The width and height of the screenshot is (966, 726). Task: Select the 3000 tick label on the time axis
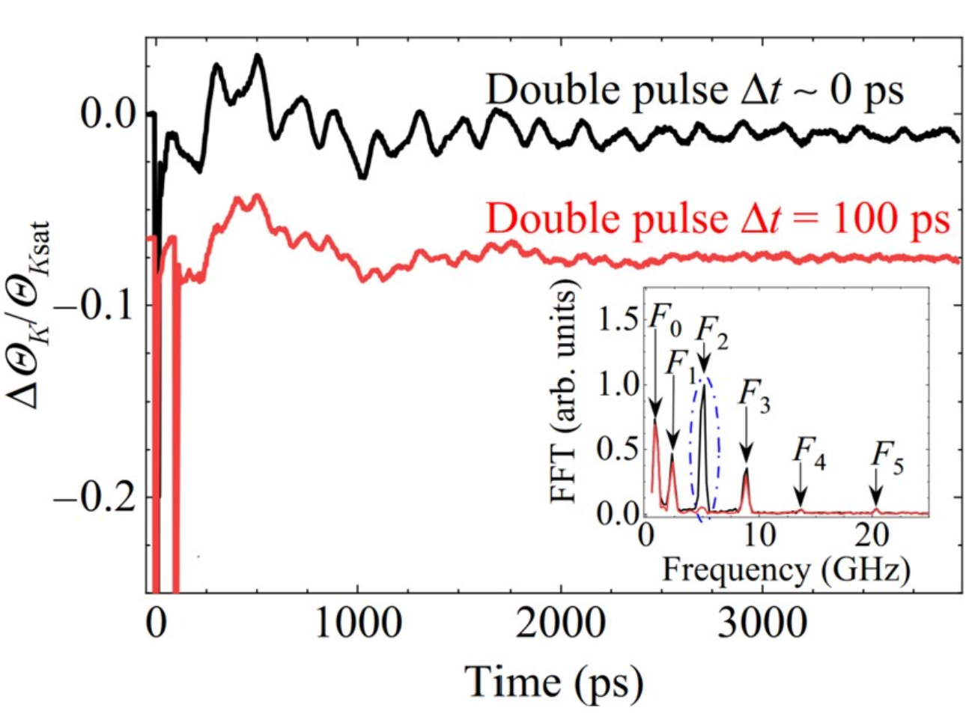point(762,623)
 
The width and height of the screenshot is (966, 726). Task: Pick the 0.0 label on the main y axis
point(106,114)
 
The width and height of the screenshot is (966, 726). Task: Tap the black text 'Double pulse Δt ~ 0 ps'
point(694,91)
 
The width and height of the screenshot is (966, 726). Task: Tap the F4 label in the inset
point(809,452)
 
